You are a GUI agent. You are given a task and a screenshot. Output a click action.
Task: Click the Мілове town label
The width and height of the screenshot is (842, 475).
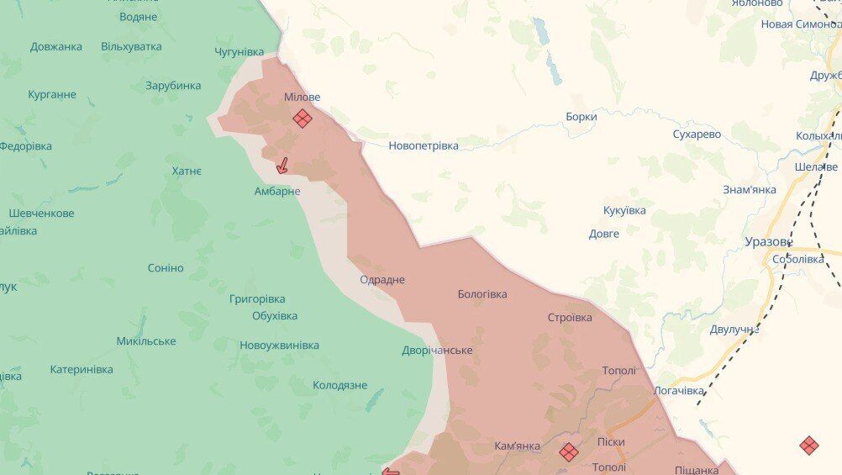302,97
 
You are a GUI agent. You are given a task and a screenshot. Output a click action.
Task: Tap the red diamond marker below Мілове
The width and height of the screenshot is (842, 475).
303,119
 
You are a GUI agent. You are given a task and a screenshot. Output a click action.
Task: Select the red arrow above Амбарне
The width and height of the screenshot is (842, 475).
283,166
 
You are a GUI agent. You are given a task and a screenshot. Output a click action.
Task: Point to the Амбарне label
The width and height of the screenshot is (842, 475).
277,191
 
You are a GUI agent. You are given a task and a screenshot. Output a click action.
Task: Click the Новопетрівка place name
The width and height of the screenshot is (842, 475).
424,145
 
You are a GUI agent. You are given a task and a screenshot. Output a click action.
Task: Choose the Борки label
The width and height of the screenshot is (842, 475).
581,117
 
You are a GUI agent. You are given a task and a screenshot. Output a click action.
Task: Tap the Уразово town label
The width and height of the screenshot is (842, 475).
768,241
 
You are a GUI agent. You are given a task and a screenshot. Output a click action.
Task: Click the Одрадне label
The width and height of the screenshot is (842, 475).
382,279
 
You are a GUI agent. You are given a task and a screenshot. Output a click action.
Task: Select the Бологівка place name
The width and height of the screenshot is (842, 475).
482,294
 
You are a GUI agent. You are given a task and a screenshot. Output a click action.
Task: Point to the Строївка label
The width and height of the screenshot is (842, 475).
570,317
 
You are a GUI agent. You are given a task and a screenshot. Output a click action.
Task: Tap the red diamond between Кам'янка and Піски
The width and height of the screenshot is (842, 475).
569,451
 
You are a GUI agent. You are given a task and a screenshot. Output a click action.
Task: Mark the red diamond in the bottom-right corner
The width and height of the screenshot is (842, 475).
808,446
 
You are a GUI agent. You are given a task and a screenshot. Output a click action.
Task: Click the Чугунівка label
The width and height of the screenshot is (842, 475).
239,52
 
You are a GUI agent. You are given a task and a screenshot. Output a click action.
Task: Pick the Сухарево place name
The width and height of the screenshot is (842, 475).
697,135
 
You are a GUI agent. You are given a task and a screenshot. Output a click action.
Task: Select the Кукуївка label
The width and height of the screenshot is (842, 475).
624,210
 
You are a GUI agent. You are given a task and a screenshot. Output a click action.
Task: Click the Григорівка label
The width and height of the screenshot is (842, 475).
257,298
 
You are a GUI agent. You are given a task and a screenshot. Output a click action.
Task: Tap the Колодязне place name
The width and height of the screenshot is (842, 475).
340,385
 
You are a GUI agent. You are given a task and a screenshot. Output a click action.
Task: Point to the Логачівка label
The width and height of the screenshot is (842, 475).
679,391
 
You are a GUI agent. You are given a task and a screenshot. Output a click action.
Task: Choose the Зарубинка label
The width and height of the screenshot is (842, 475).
173,85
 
